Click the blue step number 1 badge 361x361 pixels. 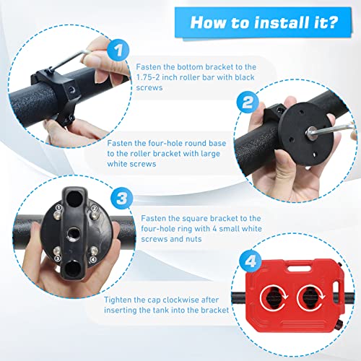[x=118, y=51]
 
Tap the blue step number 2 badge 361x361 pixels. [x=248, y=102]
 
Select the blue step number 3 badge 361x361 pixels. [x=122, y=199]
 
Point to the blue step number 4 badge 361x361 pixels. [x=251, y=261]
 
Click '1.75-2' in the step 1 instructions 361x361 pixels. [x=147, y=77]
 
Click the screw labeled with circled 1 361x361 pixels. [x=56, y=214]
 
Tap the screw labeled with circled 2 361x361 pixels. [x=93, y=214]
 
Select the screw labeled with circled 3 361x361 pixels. [x=57, y=251]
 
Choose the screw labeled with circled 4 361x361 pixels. [x=94, y=251]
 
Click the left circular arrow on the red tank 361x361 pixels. [x=274, y=298]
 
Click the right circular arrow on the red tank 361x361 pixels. [x=310, y=298]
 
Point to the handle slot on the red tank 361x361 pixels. [x=298, y=268]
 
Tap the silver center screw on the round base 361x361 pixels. [x=312, y=133]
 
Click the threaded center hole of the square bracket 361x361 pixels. [x=74, y=234]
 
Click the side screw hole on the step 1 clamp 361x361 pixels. [x=71, y=90]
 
